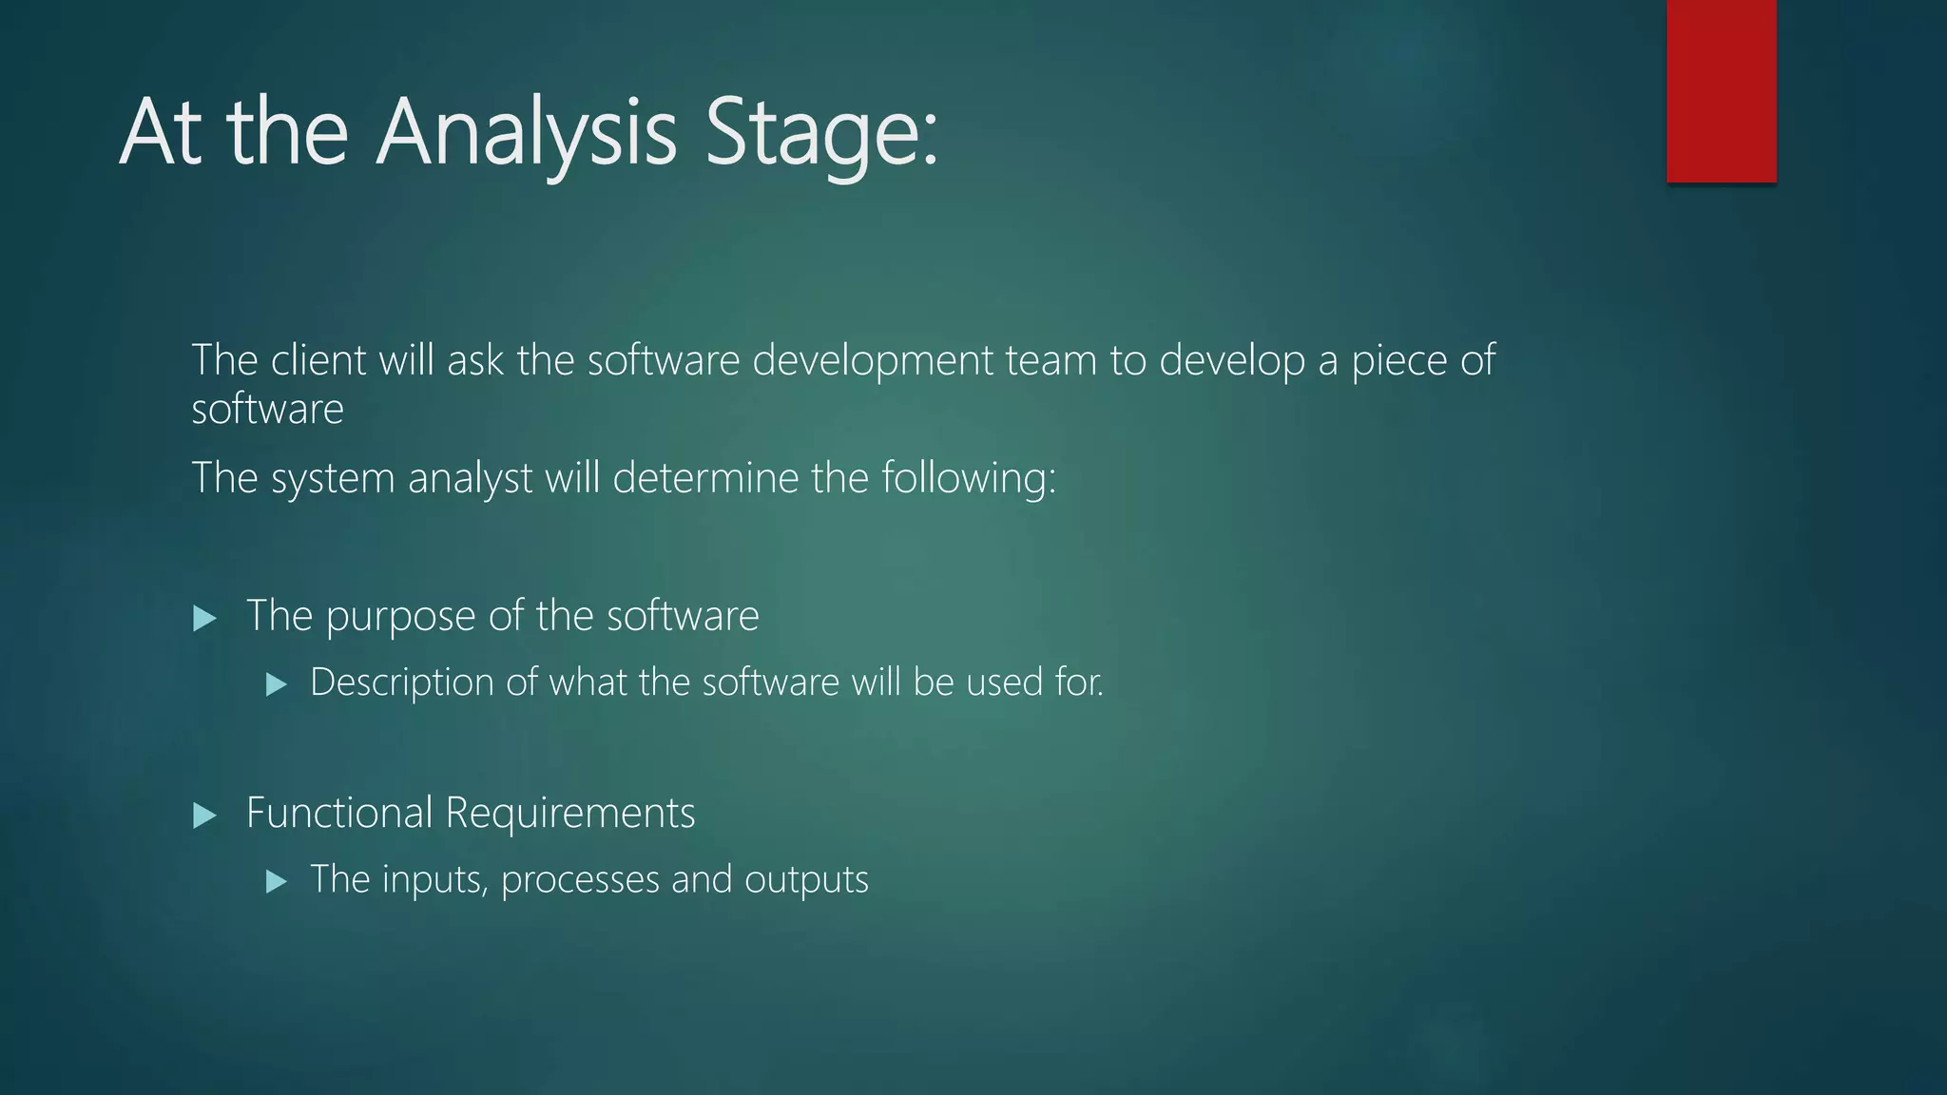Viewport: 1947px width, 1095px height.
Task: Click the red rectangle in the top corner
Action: pos(1721,90)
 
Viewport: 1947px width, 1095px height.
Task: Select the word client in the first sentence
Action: pos(318,361)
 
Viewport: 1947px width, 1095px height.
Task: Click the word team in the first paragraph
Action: pos(1051,361)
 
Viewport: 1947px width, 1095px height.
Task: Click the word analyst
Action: pos(470,478)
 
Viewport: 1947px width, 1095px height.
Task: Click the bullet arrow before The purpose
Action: pos(204,620)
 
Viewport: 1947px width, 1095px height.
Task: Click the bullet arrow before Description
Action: pos(277,684)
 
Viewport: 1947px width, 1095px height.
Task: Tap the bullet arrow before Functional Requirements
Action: pos(204,816)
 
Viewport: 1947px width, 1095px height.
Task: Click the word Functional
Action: pos(339,814)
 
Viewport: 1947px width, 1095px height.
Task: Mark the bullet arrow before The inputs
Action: pos(277,882)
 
